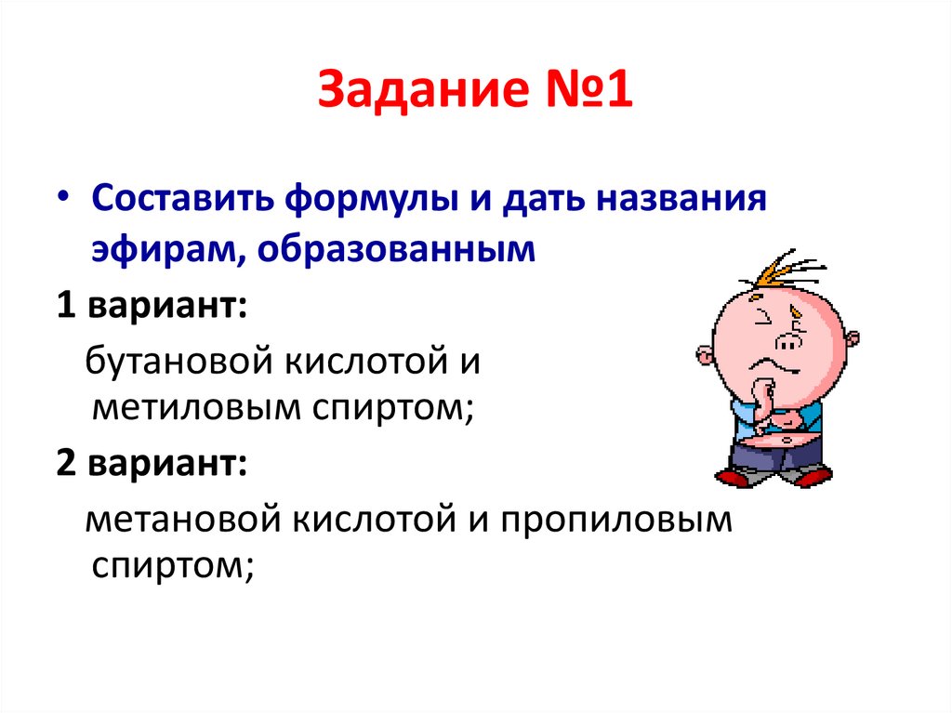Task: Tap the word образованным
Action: (x=393, y=250)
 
